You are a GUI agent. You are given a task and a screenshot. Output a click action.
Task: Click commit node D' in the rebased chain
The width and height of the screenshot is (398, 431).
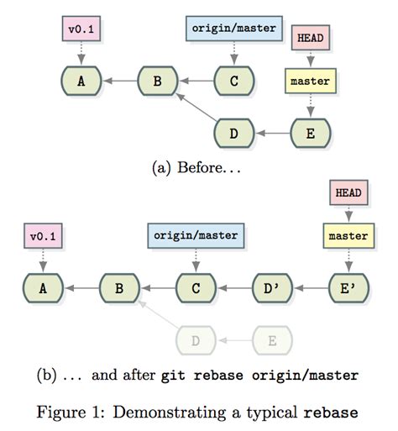pos(273,289)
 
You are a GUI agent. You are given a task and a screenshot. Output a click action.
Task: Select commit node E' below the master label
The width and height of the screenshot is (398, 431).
pos(348,289)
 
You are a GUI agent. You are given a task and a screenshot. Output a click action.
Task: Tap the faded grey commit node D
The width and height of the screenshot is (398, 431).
pos(196,341)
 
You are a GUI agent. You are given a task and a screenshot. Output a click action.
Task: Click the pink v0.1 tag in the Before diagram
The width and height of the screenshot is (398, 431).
pos(82,29)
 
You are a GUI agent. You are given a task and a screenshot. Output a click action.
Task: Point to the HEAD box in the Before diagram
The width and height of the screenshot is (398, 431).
pos(311,38)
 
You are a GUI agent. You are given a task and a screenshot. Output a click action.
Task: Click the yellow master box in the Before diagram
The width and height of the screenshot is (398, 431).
pos(310,81)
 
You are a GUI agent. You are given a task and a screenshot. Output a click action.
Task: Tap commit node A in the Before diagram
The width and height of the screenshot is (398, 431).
pos(82,81)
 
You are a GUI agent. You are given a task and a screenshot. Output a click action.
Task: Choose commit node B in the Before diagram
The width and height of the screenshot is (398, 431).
pos(157,81)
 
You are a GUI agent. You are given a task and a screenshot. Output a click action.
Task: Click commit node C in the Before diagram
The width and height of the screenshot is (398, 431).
pos(234,81)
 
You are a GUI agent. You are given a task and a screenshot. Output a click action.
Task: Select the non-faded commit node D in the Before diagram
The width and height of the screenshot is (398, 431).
pos(234,133)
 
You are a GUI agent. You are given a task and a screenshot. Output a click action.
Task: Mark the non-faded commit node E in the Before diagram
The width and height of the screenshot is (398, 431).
pos(311,133)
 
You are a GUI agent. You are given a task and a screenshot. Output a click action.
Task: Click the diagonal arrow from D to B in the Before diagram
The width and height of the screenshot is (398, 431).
pos(196,108)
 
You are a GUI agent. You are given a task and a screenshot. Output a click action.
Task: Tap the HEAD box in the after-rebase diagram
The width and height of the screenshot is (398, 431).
pos(348,193)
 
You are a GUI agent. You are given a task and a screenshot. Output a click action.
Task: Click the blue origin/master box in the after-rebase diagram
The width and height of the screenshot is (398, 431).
pos(196,236)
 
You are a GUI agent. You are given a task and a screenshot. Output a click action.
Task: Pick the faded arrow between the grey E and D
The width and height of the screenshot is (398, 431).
pos(234,341)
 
